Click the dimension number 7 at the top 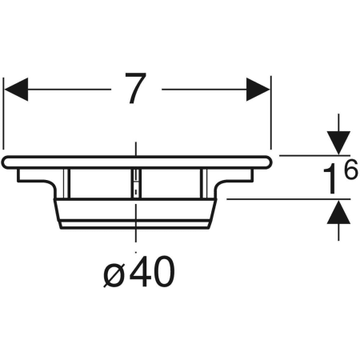[x=136, y=88]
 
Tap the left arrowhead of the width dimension [x=16, y=90]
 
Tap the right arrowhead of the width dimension [x=258, y=90]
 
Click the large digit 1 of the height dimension [x=331, y=179]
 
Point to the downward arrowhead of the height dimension [x=338, y=142]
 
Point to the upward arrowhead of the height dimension [x=338, y=212]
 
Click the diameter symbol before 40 [x=114, y=274]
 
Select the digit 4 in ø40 [x=139, y=271]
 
